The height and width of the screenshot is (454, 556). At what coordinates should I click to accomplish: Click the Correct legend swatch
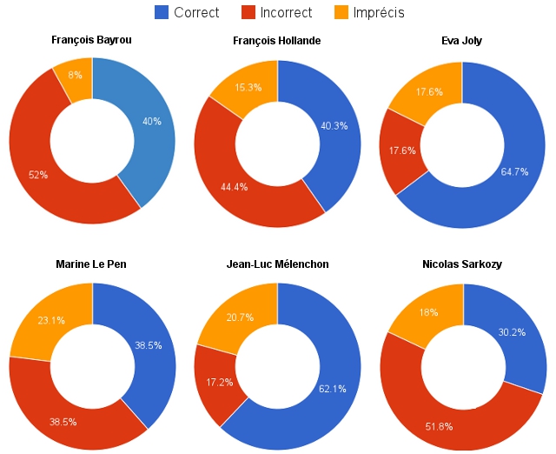pyautogui.click(x=162, y=12)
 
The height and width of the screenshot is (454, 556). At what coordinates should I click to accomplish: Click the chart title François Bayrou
pyautogui.click(x=92, y=41)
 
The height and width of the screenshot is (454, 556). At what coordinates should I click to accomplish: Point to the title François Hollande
pyautogui.click(x=277, y=41)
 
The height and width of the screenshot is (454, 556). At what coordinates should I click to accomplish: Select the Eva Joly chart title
pyautogui.click(x=462, y=41)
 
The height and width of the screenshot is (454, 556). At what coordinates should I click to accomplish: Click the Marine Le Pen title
pyautogui.click(x=92, y=264)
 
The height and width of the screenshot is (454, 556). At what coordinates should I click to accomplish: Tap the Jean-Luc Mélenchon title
pyautogui.click(x=277, y=264)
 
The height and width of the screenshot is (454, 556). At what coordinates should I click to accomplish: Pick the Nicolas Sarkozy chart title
pyautogui.click(x=462, y=264)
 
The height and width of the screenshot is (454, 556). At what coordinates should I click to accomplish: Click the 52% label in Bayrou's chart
pyautogui.click(x=38, y=175)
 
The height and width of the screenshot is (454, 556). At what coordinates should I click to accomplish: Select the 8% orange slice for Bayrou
pyautogui.click(x=75, y=75)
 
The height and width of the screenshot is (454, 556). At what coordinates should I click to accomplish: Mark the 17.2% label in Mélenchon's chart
pyautogui.click(x=215, y=383)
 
